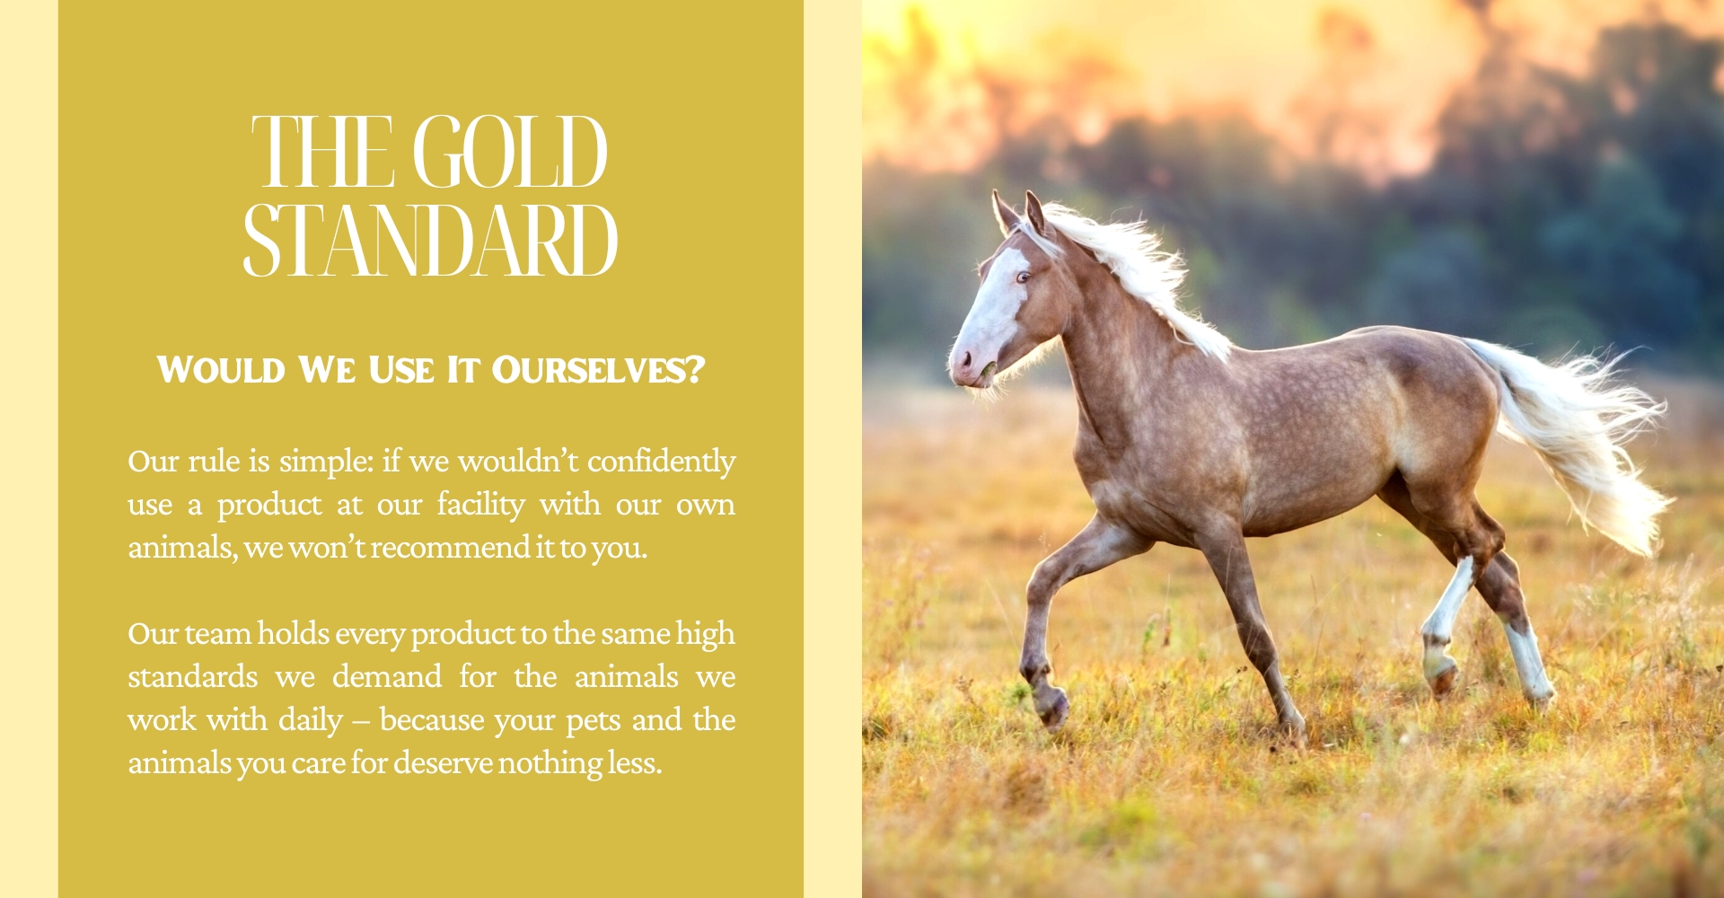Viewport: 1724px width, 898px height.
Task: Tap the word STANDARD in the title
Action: [x=430, y=240]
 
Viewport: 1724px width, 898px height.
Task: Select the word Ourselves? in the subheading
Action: [x=598, y=370]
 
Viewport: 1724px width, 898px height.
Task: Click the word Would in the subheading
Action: [x=221, y=370]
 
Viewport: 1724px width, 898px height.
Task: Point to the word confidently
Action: [x=662, y=462]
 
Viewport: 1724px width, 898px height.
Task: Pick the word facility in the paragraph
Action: [x=480, y=505]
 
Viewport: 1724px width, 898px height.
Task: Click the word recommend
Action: [x=451, y=547]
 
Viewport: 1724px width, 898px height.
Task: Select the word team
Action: [x=218, y=634]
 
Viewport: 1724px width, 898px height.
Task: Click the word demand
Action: [x=387, y=676]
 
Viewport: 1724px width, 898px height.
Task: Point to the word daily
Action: [x=311, y=721]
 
